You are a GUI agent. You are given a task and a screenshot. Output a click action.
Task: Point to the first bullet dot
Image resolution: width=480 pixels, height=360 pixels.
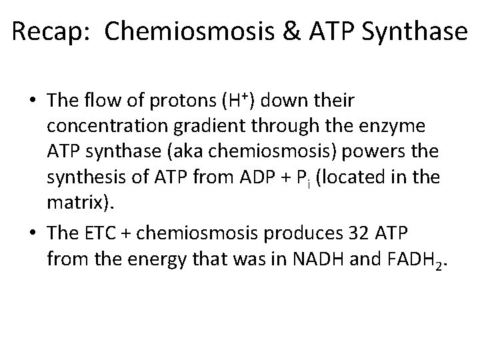33,101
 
